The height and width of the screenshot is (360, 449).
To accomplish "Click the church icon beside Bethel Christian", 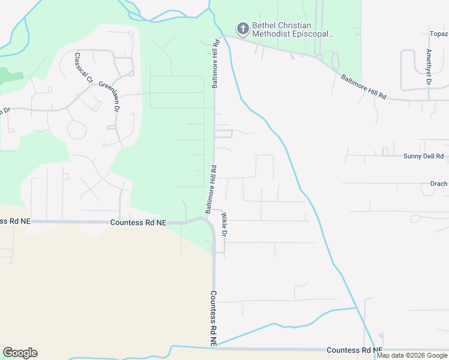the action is (x=243, y=28).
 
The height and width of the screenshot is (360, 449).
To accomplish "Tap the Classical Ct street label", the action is (x=83, y=68).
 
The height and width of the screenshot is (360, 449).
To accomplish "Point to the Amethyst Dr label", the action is (x=429, y=67).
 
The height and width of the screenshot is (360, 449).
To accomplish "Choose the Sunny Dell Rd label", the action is (x=423, y=156).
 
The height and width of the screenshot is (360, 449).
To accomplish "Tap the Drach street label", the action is (x=438, y=184).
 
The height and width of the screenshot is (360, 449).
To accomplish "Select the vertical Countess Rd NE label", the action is (x=213, y=318).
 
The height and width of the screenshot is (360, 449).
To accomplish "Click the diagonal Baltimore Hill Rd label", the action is (x=364, y=87).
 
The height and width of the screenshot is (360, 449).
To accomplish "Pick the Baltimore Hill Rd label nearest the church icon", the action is (x=215, y=65).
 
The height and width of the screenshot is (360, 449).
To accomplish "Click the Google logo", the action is (x=20, y=353).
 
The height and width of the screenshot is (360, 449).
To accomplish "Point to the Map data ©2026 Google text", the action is (x=412, y=355).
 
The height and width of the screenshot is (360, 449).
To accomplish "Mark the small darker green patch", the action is (x=10, y=76).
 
